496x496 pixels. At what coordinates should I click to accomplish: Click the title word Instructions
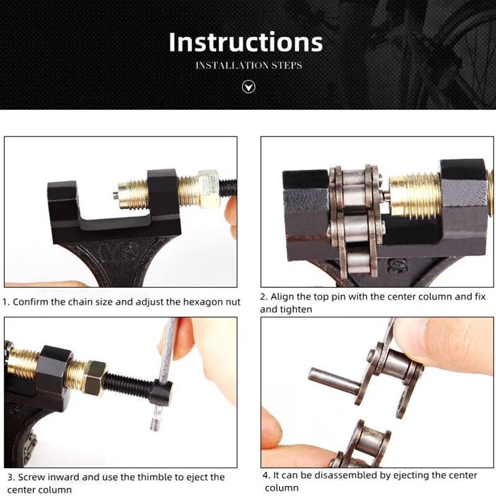pyautogui.click(x=246, y=42)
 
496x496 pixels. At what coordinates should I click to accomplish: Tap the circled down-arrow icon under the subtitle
pyautogui.click(x=248, y=87)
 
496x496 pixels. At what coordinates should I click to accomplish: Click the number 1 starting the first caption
pyautogui.click(x=6, y=303)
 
